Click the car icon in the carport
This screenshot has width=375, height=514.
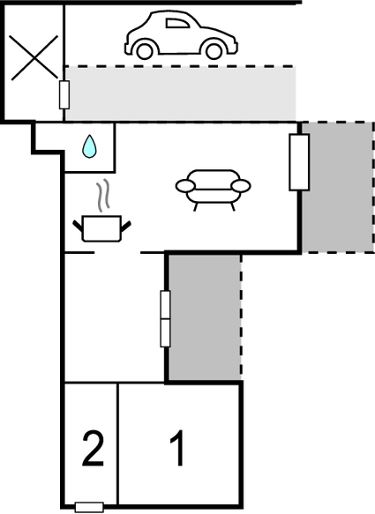(x=181, y=35)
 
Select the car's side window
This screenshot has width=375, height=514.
(x=177, y=23)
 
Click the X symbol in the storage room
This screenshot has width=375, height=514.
(x=34, y=57)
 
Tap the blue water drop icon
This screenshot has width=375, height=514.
(x=89, y=146)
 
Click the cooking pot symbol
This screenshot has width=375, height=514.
(x=101, y=228)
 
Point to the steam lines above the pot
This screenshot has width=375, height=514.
(x=102, y=195)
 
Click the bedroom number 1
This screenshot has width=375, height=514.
(x=177, y=448)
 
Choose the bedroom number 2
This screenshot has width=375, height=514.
(x=94, y=449)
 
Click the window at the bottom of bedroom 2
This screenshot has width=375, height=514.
(x=89, y=508)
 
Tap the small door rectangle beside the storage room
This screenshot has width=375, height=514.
(x=64, y=95)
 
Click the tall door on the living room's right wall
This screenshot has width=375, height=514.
(x=299, y=162)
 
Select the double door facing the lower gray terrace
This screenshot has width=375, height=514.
(x=165, y=318)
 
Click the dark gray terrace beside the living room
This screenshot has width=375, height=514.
(x=337, y=187)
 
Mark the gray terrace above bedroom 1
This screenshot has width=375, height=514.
(x=205, y=317)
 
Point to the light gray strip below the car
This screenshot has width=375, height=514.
(x=181, y=93)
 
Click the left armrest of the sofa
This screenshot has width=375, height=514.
(x=185, y=186)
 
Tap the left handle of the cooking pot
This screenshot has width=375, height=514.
(x=78, y=226)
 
